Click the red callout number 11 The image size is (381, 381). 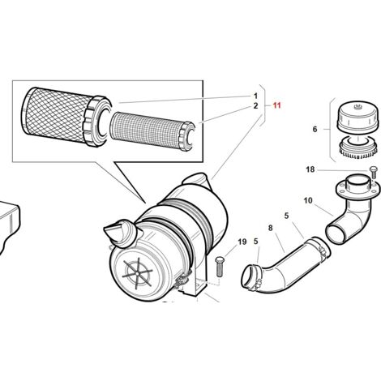[276, 105]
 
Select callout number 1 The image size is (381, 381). [255, 96]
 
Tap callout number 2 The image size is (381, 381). [255, 106]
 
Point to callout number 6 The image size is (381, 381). [315, 130]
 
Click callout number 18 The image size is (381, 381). [310, 169]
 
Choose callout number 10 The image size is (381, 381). [308, 200]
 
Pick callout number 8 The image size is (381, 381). [271, 228]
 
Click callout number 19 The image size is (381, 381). [242, 242]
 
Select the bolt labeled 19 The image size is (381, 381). [219, 267]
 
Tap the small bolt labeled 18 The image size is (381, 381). [374, 173]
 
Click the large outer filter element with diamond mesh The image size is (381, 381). [66, 117]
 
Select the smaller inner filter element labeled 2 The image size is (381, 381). [152, 134]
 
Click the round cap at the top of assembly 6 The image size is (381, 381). [354, 115]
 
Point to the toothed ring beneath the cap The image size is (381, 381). [357, 148]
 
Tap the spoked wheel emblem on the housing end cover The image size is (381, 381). [138, 273]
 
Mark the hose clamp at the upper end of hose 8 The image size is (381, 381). [319, 247]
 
